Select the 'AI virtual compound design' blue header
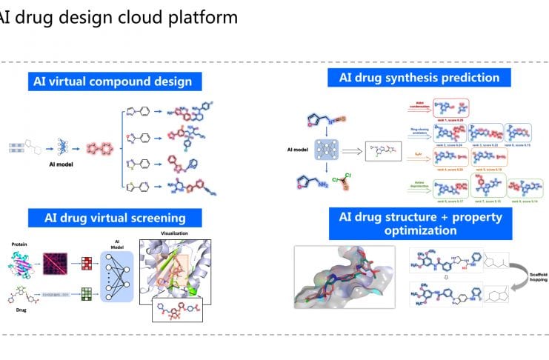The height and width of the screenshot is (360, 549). pos(113,81)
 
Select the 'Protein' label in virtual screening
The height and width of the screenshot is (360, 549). pos(20,242)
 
